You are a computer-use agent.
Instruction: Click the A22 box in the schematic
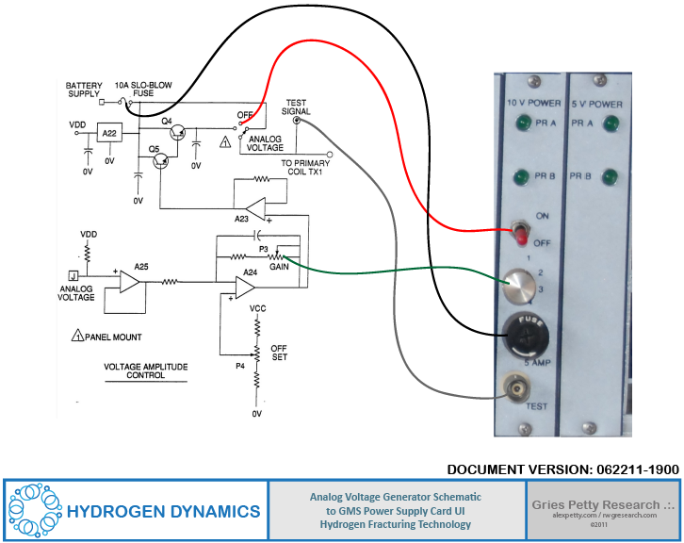(109, 134)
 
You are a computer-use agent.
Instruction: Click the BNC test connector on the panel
(516, 386)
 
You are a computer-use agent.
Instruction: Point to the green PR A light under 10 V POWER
(521, 123)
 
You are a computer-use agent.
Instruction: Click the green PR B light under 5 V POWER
(609, 176)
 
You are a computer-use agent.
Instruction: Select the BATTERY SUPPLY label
(84, 90)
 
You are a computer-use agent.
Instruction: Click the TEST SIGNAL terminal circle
(297, 121)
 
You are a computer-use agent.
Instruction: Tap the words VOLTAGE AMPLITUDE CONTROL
(134, 370)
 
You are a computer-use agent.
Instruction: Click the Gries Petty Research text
(603, 504)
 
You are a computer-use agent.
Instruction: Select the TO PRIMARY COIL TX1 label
(308, 167)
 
